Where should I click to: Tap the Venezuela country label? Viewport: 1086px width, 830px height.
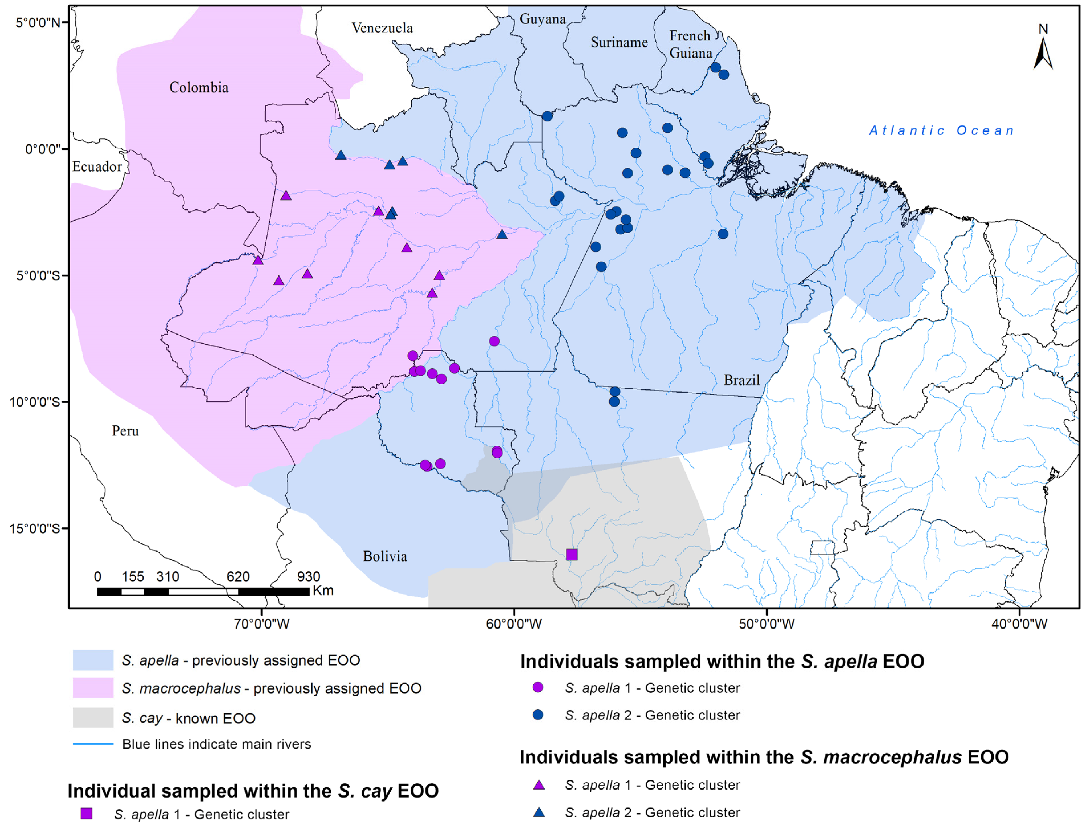tap(382, 28)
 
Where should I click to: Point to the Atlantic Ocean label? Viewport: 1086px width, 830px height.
tap(941, 130)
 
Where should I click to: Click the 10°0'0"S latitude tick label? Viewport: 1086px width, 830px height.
tap(34, 402)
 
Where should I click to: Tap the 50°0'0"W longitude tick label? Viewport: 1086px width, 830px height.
tap(766, 624)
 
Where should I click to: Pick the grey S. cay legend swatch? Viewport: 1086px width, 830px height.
tap(93, 717)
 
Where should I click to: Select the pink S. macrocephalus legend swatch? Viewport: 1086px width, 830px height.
tap(93, 688)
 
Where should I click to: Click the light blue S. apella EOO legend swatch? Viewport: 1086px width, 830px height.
tap(93, 660)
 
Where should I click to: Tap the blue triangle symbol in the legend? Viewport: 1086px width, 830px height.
tap(539, 812)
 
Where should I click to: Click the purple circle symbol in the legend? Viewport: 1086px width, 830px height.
tap(538, 687)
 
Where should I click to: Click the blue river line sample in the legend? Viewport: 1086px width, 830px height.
tap(93, 744)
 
